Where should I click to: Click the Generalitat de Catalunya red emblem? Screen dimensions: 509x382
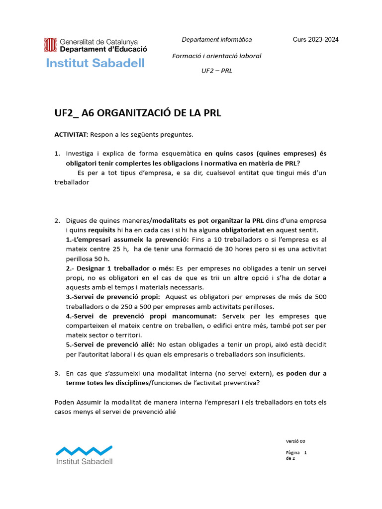tap(50, 45)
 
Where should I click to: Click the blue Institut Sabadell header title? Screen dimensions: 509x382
tap(95, 63)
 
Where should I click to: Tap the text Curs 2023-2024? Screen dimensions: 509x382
tap(315, 40)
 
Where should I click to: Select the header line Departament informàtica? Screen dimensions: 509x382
tap(216, 40)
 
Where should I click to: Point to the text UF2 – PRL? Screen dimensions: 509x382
tap(216, 71)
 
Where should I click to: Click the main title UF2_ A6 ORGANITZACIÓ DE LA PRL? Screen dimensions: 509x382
tap(137, 113)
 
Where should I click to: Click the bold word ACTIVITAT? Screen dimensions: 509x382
tap(71, 135)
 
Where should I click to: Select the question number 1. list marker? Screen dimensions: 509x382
tap(57, 154)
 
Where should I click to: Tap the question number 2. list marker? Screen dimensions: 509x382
tap(57, 221)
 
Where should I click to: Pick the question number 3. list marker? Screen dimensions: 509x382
tap(57, 373)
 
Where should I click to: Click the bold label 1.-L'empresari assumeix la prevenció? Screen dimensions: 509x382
tap(127, 240)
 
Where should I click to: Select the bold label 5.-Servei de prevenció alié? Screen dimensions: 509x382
tap(110, 344)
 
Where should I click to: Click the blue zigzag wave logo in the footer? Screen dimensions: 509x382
tap(84, 450)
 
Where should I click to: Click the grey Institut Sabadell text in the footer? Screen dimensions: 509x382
tap(85, 461)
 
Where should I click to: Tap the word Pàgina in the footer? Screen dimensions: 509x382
tap(292, 453)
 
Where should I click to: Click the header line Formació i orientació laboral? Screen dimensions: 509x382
tap(216, 56)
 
